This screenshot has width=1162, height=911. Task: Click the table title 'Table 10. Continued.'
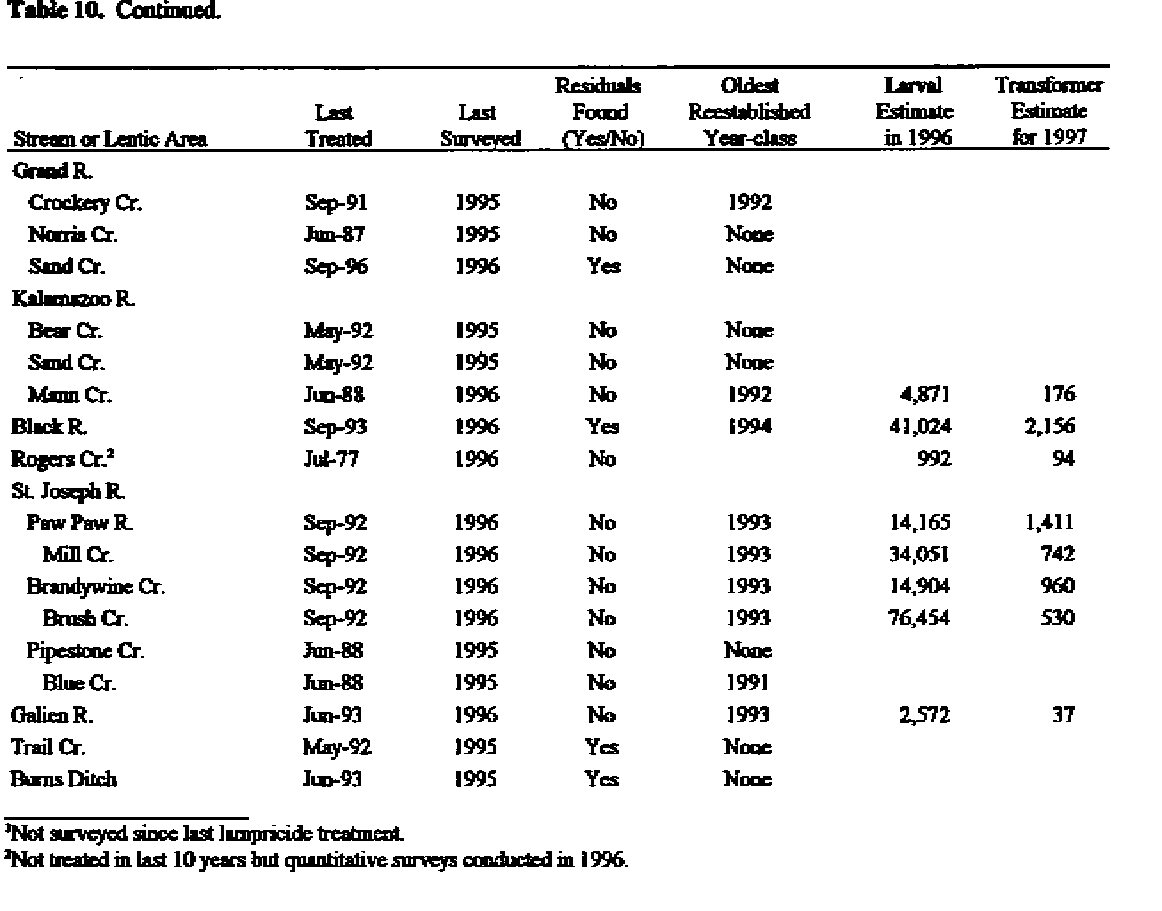click(x=113, y=12)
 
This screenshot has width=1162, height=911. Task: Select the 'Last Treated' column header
click(x=337, y=125)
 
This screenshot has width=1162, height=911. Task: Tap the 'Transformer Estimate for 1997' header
click(x=1049, y=111)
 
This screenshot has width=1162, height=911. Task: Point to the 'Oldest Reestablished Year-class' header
click(x=749, y=111)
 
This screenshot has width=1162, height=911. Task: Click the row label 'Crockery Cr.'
click(x=85, y=203)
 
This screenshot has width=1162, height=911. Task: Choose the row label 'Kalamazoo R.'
click(x=74, y=299)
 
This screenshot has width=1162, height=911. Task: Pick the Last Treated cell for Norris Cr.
click(x=335, y=235)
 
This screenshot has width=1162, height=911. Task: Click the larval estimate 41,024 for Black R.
click(x=920, y=427)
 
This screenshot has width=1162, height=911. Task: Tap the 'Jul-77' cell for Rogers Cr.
click(x=331, y=459)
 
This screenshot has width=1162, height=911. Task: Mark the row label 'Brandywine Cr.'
click(x=95, y=587)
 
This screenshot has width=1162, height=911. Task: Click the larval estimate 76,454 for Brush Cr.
click(x=919, y=619)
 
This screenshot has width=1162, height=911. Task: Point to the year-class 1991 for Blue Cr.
click(x=747, y=683)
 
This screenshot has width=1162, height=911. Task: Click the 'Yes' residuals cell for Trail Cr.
click(x=602, y=747)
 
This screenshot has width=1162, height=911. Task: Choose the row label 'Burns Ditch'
click(x=63, y=779)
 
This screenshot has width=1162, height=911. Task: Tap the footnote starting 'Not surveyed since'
click(x=204, y=834)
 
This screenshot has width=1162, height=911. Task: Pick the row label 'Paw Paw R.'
click(x=81, y=523)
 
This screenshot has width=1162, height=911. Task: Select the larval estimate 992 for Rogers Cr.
click(x=932, y=459)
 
